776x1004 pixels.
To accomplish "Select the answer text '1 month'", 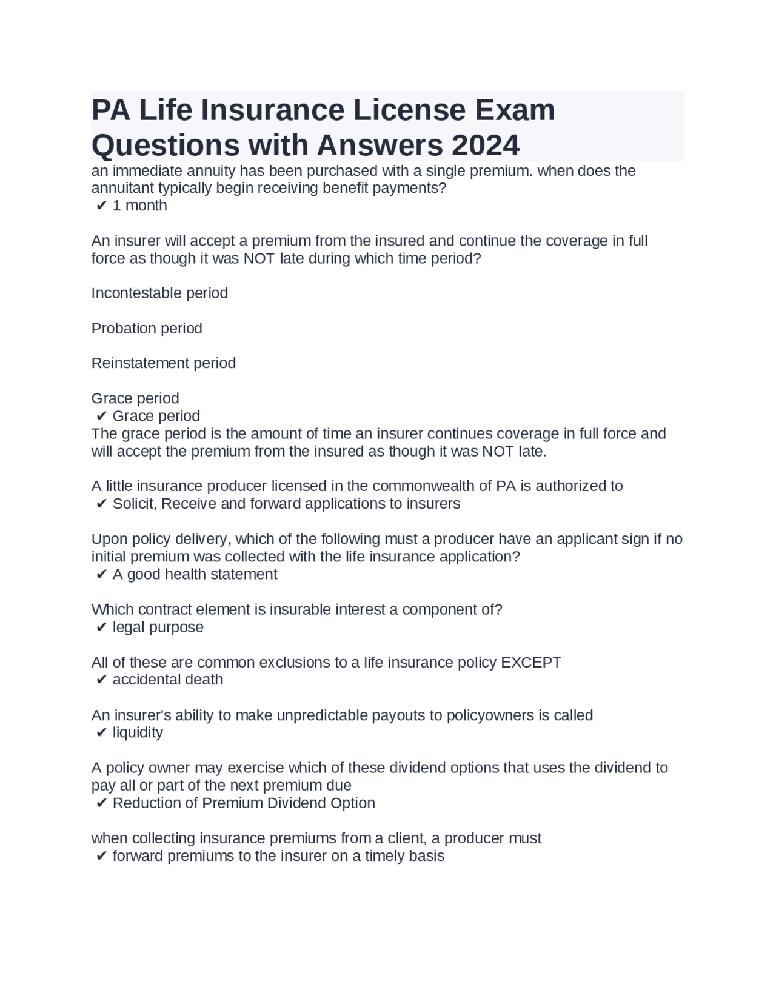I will click(139, 206).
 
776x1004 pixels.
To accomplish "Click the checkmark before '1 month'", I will click(101, 206).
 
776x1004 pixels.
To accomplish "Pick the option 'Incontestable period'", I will click(159, 293).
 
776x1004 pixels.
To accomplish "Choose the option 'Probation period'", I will click(147, 329).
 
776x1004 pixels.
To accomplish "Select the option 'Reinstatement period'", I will click(163, 363).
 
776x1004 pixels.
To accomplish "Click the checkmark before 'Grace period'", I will click(101, 417).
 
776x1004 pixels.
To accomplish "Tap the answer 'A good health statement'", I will click(195, 574).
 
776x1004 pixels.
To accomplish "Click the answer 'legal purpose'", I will click(158, 627).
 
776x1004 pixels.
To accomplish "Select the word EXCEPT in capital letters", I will click(530, 662).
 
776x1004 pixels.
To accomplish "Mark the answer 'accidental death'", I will click(167, 680).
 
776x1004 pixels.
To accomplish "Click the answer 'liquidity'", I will click(138, 732).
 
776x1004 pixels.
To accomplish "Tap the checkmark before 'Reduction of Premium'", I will click(101, 804).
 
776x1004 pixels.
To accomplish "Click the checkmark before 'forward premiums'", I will click(101, 857).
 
